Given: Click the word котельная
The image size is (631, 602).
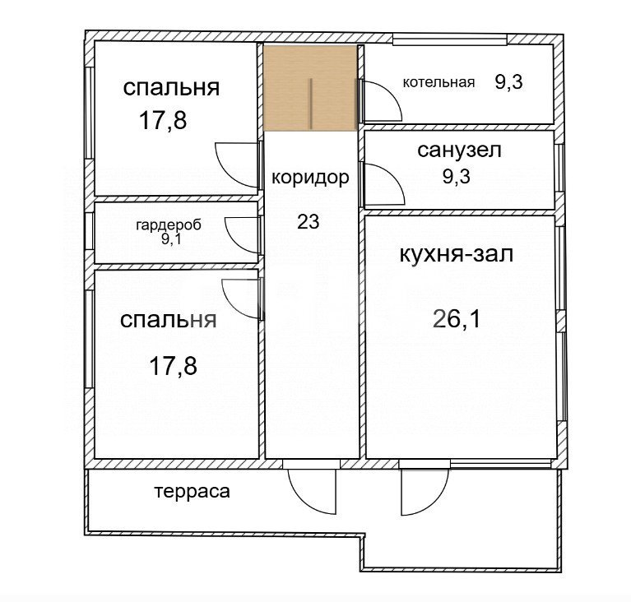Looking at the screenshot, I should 438,82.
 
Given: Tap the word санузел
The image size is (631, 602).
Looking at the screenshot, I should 459,150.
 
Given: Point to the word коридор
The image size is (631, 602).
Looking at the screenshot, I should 310,177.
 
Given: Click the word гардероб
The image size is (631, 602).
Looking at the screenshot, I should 169,225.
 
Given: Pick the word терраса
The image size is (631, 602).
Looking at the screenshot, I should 192,492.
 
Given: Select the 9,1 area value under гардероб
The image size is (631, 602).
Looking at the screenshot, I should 172,239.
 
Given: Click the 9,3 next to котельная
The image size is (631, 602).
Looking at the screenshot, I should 508,82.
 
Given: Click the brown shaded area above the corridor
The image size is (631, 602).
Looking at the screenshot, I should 310,87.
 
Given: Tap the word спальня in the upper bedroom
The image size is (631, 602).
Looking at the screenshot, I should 171,87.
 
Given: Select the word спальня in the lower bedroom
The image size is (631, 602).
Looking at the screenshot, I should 169,320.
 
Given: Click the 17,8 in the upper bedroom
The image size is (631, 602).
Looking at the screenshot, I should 163,121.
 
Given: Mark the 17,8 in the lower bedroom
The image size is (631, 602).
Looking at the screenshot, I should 173,365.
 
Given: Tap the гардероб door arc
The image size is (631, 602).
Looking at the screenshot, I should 243,234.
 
